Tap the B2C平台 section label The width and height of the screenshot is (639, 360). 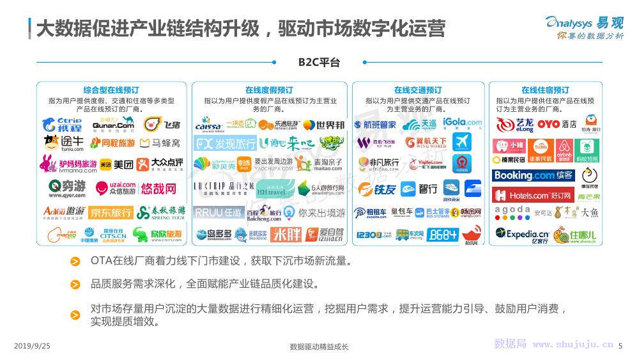click(x=319, y=62)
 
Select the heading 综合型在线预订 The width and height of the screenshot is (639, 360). click(x=111, y=90)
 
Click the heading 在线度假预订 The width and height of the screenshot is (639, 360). click(x=269, y=90)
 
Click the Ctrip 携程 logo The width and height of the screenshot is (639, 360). click(x=62, y=124)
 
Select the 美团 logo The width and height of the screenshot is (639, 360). click(x=116, y=164)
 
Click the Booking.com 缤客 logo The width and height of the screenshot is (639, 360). click(x=534, y=175)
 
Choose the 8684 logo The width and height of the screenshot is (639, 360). click(x=443, y=235)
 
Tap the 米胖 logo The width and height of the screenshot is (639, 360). click(x=286, y=235)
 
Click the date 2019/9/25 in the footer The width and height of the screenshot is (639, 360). click(x=32, y=346)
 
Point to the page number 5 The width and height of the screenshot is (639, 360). click(x=620, y=346)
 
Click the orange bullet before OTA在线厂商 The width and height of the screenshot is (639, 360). click(x=75, y=262)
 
